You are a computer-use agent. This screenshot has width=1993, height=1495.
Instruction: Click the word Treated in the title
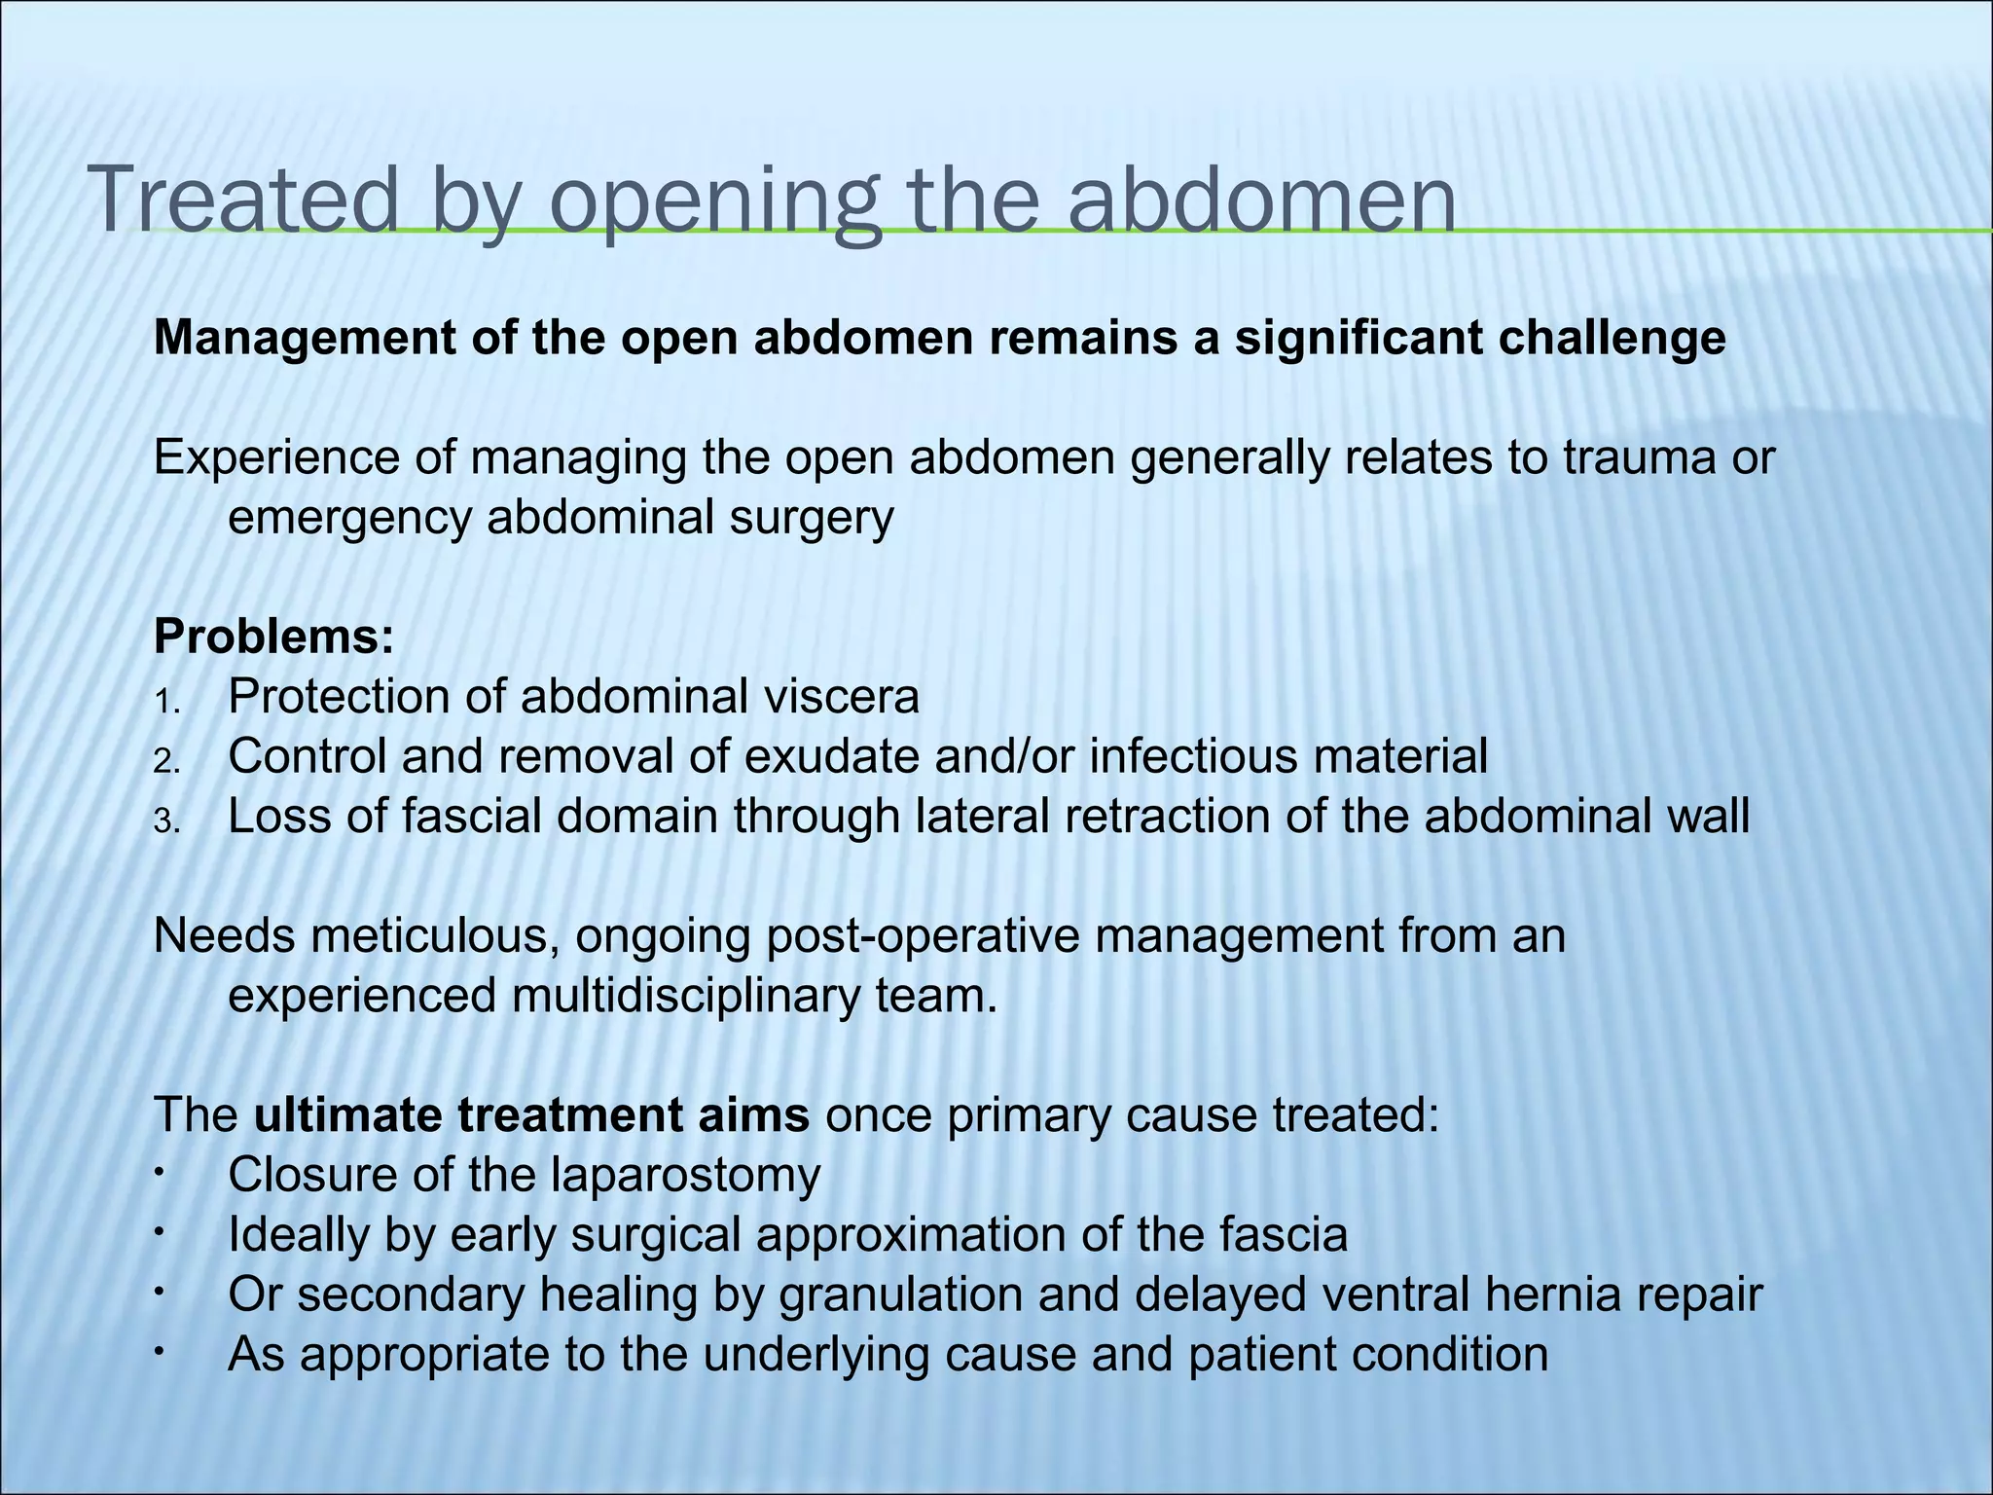tap(243, 200)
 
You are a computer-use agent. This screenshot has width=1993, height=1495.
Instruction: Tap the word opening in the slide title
tap(716, 200)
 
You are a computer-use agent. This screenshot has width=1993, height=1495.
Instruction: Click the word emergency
tap(349, 518)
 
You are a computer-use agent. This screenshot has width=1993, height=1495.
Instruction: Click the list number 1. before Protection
tap(166, 702)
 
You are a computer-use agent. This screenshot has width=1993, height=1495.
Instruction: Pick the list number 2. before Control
tap(166, 761)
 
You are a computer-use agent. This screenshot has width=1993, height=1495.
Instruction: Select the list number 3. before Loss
tap(166, 821)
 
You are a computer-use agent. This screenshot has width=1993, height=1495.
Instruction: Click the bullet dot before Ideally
tap(159, 1234)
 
